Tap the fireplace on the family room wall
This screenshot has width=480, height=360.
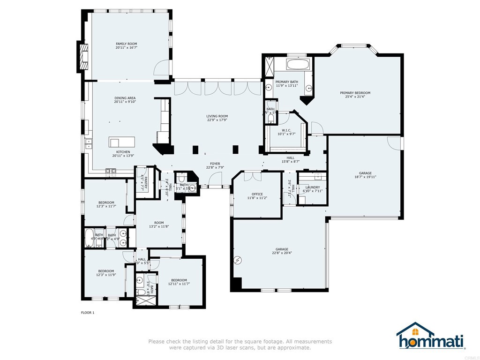tap(83, 56)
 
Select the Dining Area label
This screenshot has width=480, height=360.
tap(125, 98)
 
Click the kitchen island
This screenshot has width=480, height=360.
tap(122, 142)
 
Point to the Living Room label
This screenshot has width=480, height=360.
tap(217, 116)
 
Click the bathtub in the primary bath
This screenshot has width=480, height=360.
tap(298, 64)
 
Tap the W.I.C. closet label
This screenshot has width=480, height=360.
tap(286, 130)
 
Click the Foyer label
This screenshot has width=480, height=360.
tap(215, 164)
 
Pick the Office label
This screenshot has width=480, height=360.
tap(257, 194)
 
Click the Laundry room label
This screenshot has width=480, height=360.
tap(313, 187)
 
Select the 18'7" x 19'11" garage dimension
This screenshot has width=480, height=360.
tap(365, 177)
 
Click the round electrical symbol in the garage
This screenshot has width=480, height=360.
tap(238, 260)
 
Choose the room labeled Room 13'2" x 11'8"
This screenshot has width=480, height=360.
tap(159, 225)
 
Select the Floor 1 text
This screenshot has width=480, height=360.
tap(88, 313)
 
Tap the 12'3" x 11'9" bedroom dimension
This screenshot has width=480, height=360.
tap(106, 275)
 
